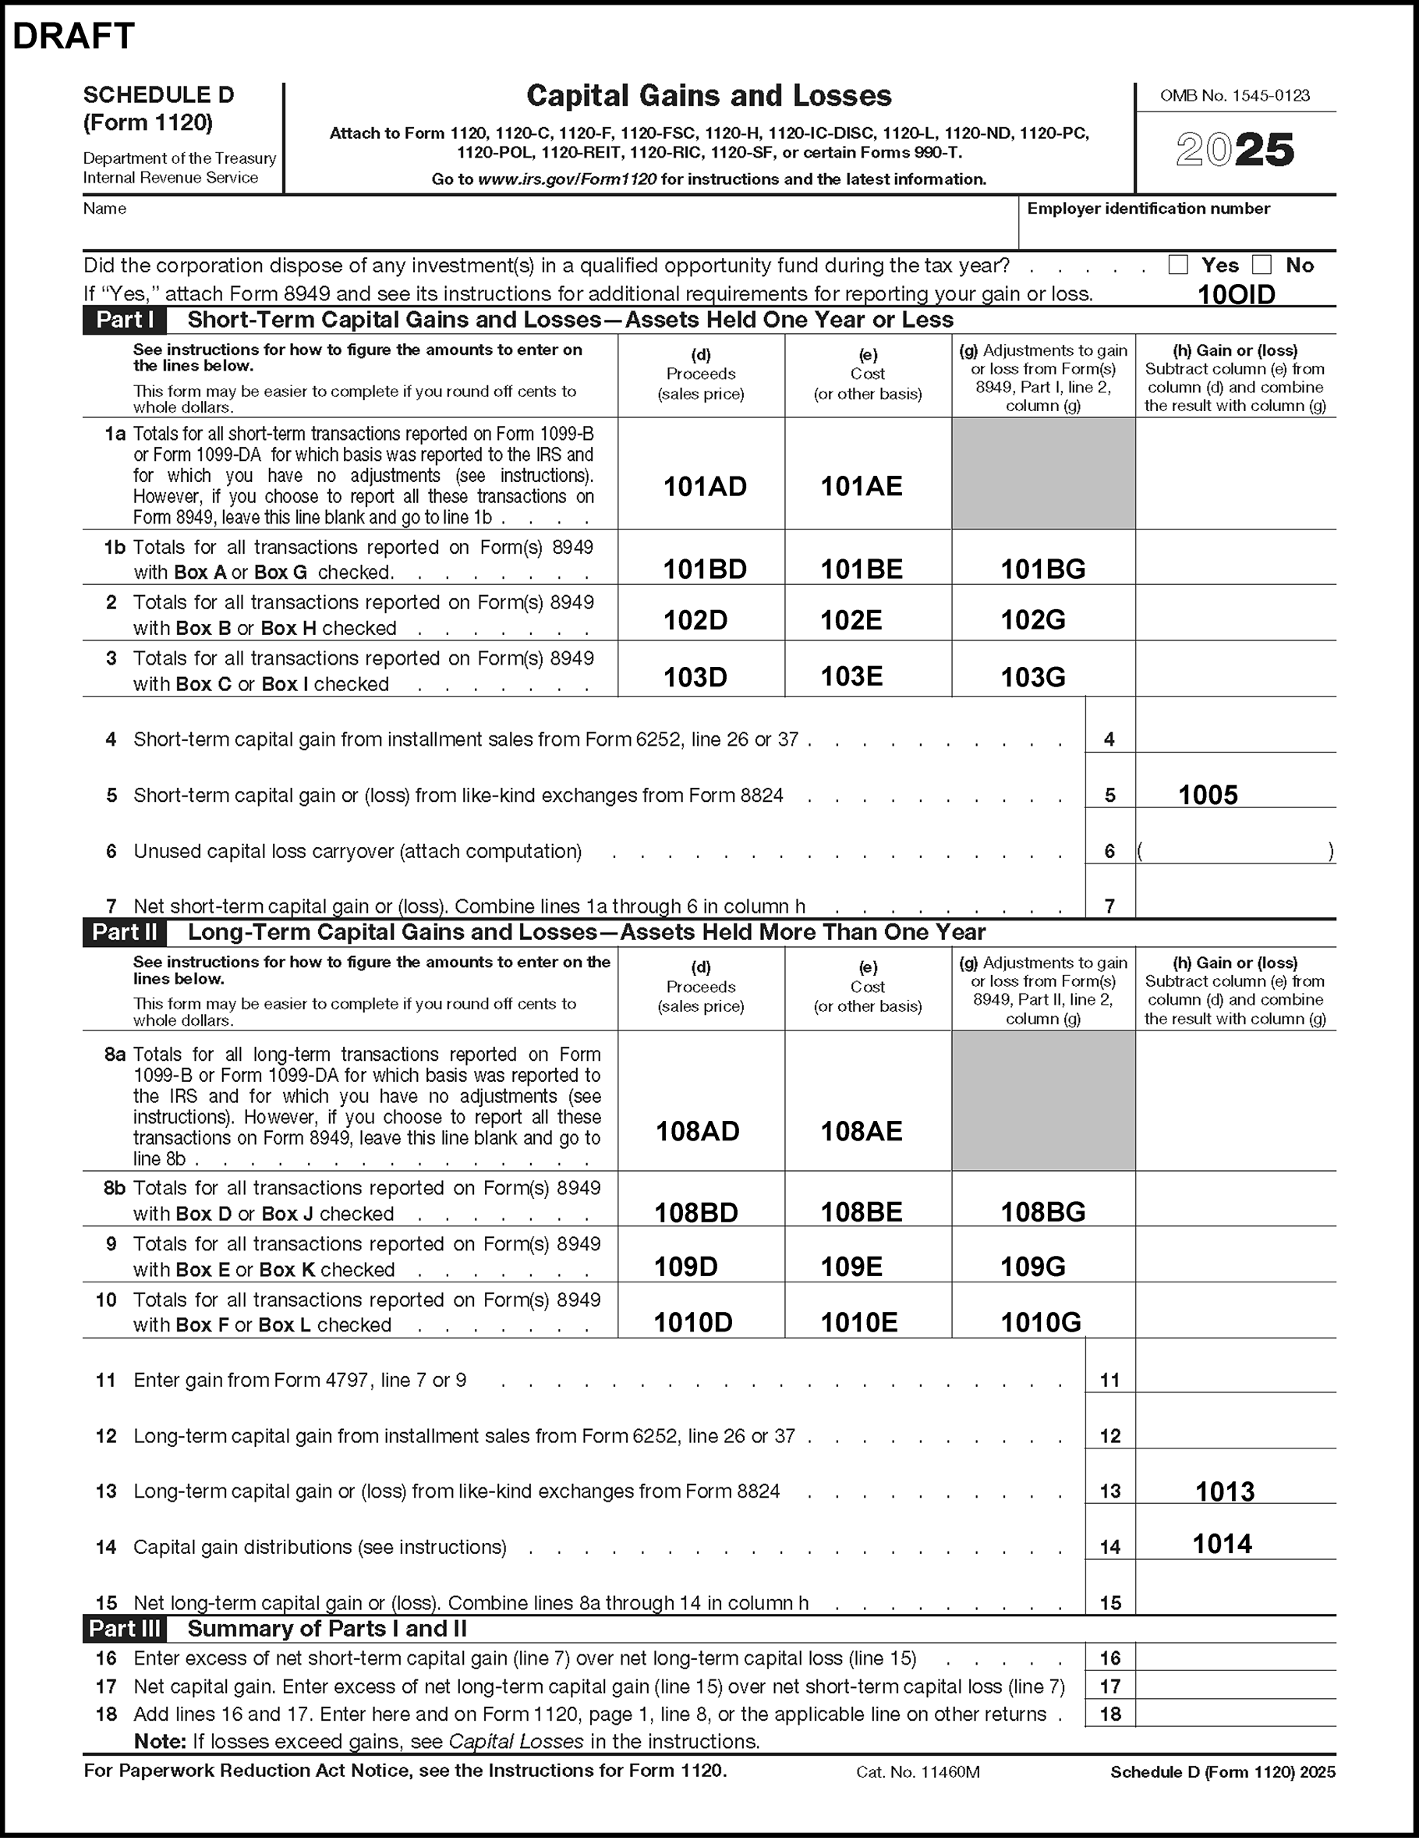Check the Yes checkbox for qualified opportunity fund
click(1177, 265)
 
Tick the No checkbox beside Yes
click(1262, 265)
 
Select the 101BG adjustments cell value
click(1042, 570)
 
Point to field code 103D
click(695, 677)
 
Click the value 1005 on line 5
click(1207, 796)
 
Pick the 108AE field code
click(861, 1131)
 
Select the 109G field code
click(1032, 1267)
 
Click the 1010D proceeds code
click(693, 1322)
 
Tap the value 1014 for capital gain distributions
click(1222, 1544)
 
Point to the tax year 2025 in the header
click(1234, 151)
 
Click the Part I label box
click(125, 320)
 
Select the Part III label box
click(125, 1629)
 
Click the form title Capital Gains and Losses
click(708, 96)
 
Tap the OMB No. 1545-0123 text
click(1234, 96)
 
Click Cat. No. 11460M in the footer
click(918, 1772)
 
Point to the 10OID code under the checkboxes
click(1236, 295)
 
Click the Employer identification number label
click(1148, 208)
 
